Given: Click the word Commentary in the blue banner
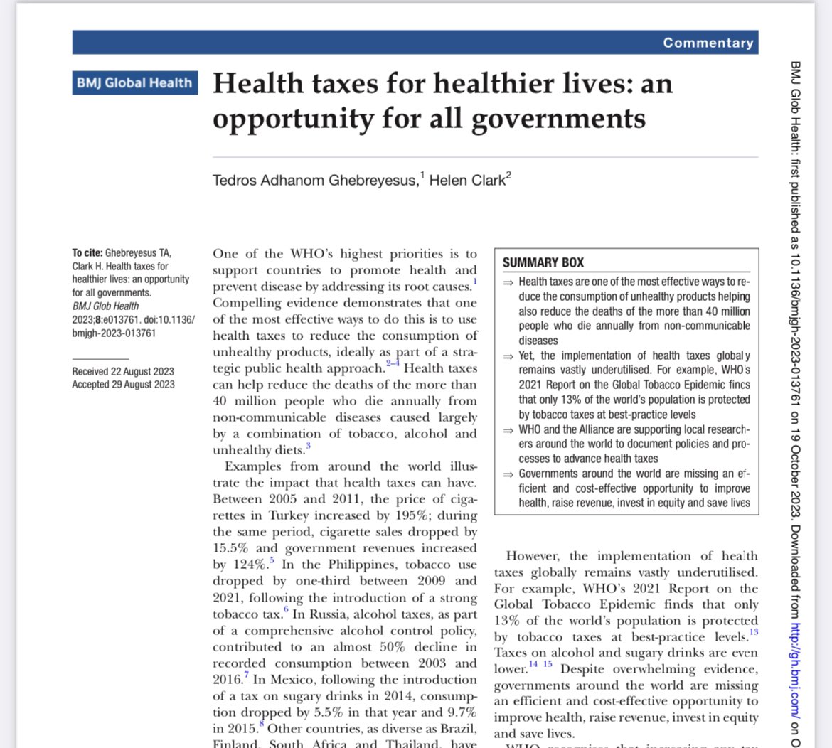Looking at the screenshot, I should tap(708, 43).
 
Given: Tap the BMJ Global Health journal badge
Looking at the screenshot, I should tap(134, 82).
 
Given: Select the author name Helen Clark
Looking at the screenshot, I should tap(467, 180).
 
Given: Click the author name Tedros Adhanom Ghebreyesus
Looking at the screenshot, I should tap(314, 180).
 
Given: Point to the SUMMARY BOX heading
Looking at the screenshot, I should tap(543, 262).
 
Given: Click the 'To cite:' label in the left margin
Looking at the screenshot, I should tap(87, 253).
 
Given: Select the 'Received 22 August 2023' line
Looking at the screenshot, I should tap(123, 371).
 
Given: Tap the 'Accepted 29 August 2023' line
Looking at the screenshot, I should tap(123, 385).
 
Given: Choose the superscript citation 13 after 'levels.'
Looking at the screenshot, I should tap(754, 632).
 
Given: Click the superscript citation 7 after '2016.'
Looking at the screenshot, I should tap(246, 675).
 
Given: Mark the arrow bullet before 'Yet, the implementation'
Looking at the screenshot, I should tap(508, 356).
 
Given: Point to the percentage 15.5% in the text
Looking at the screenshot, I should tap(230, 548).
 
